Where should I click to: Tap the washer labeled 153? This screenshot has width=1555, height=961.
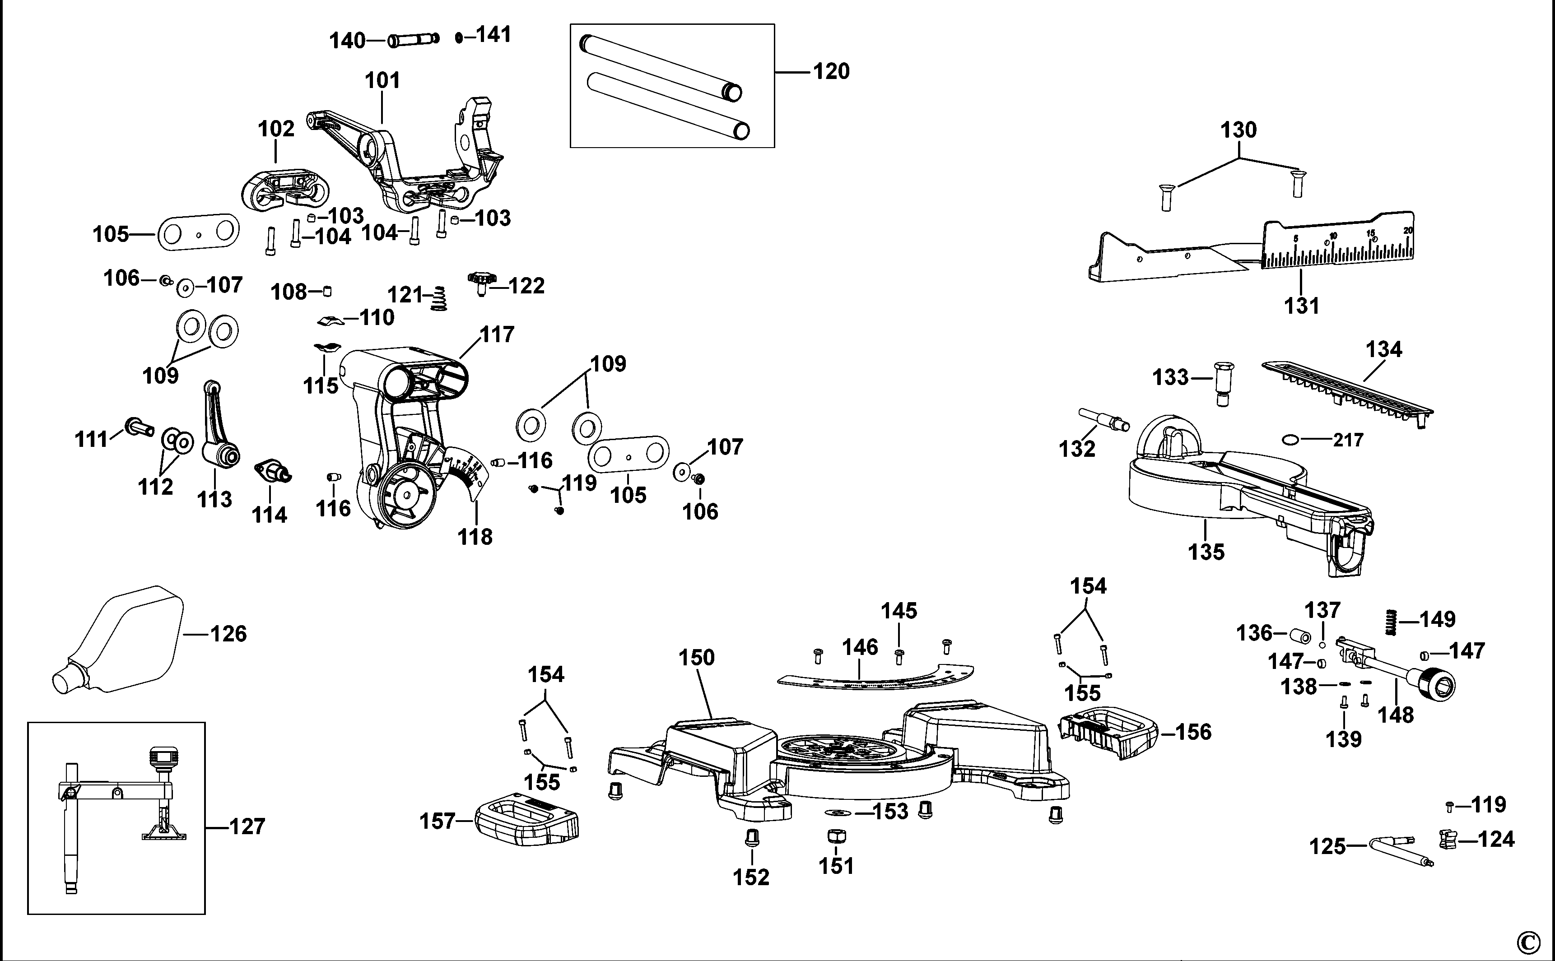click(834, 812)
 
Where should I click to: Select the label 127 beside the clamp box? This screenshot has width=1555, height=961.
click(247, 827)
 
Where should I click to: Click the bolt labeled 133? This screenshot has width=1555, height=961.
click(1224, 383)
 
